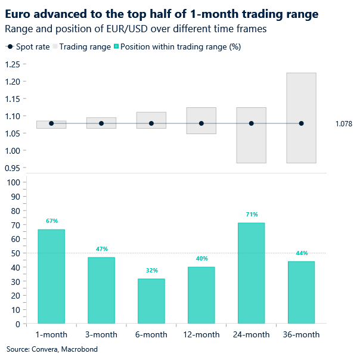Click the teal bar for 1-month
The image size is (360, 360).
coord(51,277)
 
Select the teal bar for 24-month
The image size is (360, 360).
coord(251,273)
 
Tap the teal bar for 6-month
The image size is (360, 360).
coord(151,301)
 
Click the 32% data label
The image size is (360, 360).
coord(151,271)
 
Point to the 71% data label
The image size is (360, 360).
coord(251,215)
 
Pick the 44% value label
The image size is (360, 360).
coord(301,253)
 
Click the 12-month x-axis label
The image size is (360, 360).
coord(201,334)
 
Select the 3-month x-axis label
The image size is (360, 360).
coord(101,334)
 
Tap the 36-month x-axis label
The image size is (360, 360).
coord(301,334)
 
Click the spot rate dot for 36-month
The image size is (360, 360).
coord(301,123)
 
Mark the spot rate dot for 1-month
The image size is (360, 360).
coord(51,123)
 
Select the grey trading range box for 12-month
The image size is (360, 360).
coord(201,129)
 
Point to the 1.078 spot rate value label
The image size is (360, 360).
coord(344,124)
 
